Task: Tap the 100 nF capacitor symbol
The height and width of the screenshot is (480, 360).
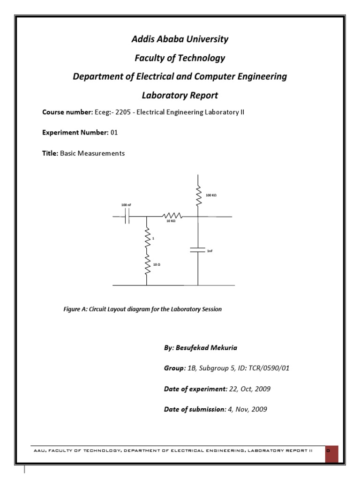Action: pyautogui.click(x=127, y=216)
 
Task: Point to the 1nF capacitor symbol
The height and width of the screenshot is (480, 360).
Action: pyautogui.click(x=198, y=249)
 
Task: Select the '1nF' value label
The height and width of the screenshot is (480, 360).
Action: pyautogui.click(x=210, y=251)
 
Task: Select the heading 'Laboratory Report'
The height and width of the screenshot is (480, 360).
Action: pyautogui.click(x=180, y=96)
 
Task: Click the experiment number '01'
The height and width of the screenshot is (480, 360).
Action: pyautogui.click(x=114, y=133)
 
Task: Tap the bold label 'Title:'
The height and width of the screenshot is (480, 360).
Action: pyautogui.click(x=50, y=153)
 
